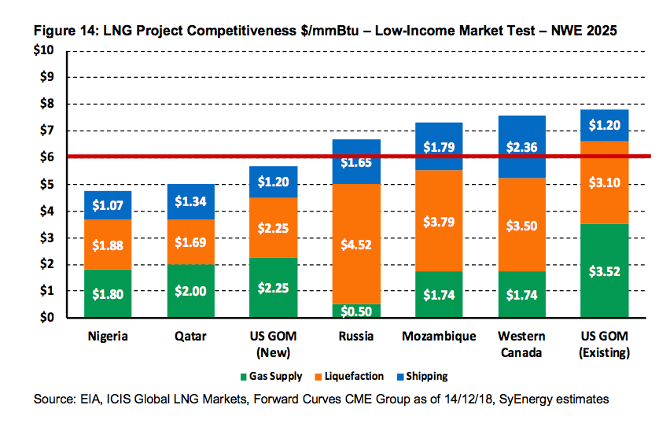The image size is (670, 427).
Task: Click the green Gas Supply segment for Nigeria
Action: coord(108,293)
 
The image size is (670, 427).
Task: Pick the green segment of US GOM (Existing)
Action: coord(606,271)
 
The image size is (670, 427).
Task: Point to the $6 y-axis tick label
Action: coord(47,157)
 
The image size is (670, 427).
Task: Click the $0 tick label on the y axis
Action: coord(47,318)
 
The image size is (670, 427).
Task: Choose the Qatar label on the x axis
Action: coord(191,337)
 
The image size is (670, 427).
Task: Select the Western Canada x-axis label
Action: coord(521,344)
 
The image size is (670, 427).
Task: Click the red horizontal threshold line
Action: coord(236,156)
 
